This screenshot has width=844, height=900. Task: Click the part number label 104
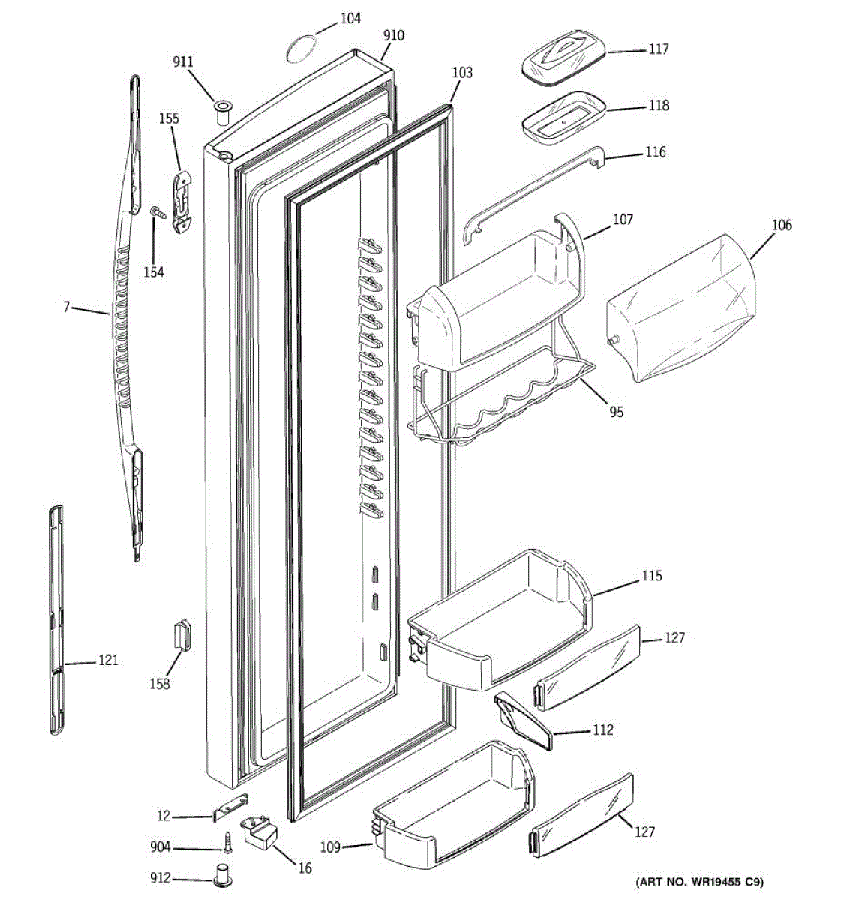[350, 18]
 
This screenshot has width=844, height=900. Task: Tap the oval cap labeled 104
[299, 49]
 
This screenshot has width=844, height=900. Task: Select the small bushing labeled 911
[223, 113]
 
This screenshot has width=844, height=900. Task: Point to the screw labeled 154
[158, 213]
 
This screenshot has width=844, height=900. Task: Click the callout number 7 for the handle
[66, 307]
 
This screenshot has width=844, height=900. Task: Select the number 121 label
[108, 661]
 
